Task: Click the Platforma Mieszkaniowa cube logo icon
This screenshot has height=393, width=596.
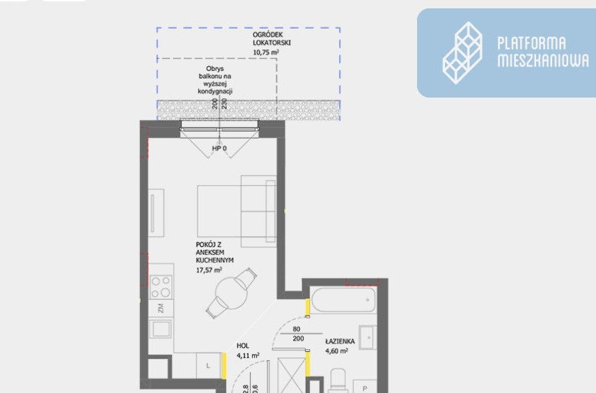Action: (462, 53)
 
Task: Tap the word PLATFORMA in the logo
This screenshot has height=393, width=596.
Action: (531, 43)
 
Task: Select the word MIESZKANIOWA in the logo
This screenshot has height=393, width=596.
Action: (543, 61)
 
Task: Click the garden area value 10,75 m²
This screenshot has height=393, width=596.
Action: (266, 52)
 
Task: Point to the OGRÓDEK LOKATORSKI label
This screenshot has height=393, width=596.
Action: (272, 39)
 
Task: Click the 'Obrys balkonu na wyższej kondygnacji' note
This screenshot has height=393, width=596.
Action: (215, 80)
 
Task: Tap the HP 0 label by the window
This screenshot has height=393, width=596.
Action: (219, 148)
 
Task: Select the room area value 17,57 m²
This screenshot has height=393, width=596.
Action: (209, 270)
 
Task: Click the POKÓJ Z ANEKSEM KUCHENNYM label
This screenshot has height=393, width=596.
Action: (214, 252)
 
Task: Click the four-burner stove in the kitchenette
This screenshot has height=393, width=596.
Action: (160, 287)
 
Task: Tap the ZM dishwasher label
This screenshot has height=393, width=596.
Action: (161, 308)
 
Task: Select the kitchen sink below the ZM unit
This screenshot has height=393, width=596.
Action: (160, 329)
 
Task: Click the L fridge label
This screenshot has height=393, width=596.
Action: (208, 366)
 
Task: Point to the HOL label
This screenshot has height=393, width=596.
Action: (243, 346)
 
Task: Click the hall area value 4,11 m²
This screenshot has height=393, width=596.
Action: (248, 355)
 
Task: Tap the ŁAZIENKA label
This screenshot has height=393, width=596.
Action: (340, 341)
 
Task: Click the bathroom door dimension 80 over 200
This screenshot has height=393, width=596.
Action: (297, 334)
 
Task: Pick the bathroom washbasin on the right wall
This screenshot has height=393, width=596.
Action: (368, 337)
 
